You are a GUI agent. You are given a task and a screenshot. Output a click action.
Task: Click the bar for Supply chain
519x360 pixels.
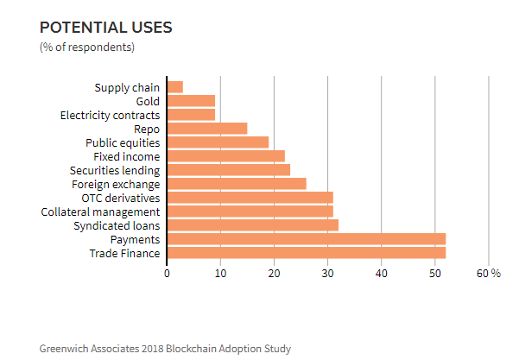(x=175, y=87)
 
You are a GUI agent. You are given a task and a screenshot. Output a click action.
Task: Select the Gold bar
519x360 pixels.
(x=191, y=101)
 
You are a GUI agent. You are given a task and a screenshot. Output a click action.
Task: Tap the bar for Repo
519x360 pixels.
(x=207, y=129)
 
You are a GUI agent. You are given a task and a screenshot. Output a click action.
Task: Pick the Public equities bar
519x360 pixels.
(x=218, y=142)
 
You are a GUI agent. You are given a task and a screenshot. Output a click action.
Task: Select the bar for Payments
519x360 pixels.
(x=306, y=239)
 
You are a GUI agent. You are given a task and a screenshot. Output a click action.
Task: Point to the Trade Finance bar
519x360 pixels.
(x=306, y=253)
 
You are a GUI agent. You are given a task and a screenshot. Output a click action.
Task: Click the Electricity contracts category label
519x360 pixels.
(x=110, y=115)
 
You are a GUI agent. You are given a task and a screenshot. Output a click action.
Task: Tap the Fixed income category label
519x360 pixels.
(x=126, y=156)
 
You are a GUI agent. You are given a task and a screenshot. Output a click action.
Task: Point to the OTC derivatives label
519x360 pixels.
(x=120, y=198)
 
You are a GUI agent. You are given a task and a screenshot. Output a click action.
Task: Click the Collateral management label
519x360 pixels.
(x=100, y=212)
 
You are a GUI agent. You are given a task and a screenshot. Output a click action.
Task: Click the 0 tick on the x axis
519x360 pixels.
(x=168, y=273)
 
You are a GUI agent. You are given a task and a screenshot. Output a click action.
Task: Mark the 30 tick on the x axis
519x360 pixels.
(x=328, y=273)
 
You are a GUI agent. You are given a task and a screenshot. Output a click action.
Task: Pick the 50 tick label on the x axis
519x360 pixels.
(x=435, y=273)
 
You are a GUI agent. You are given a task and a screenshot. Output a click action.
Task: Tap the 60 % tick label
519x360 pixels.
(x=489, y=273)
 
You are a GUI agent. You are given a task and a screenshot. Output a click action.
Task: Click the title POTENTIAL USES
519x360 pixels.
(x=106, y=27)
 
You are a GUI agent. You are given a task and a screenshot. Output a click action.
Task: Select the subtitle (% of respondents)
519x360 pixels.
(x=87, y=47)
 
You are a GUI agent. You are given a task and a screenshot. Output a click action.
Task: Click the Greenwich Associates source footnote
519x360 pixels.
(x=165, y=349)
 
